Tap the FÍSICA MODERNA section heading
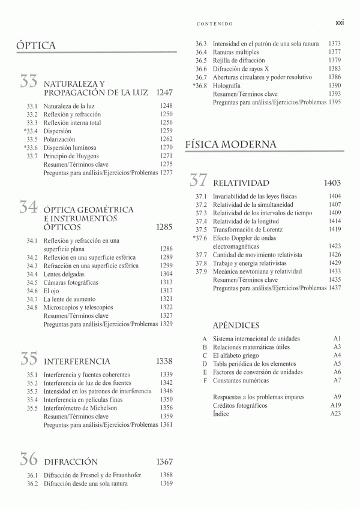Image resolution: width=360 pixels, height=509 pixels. click(x=230, y=144)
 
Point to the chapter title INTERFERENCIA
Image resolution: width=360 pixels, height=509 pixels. click(x=77, y=362)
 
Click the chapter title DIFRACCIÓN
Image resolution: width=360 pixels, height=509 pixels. click(x=71, y=462)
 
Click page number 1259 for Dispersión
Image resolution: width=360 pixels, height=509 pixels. click(x=166, y=131)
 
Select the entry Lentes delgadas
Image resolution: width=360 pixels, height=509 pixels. click(x=64, y=274)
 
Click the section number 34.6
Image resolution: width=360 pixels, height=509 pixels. click(x=32, y=291)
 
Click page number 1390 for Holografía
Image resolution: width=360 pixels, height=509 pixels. click(x=335, y=86)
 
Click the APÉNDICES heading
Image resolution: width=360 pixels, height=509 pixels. click(x=236, y=325)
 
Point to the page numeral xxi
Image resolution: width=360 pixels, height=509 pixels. click(x=338, y=23)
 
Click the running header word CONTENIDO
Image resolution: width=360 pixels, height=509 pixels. click(x=214, y=24)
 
